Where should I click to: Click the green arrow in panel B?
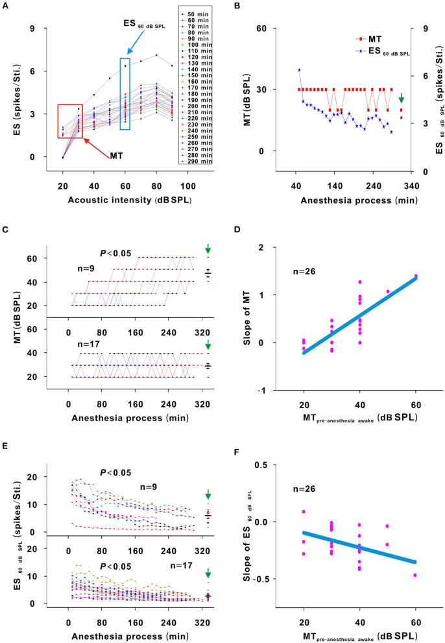click(x=402, y=98)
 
